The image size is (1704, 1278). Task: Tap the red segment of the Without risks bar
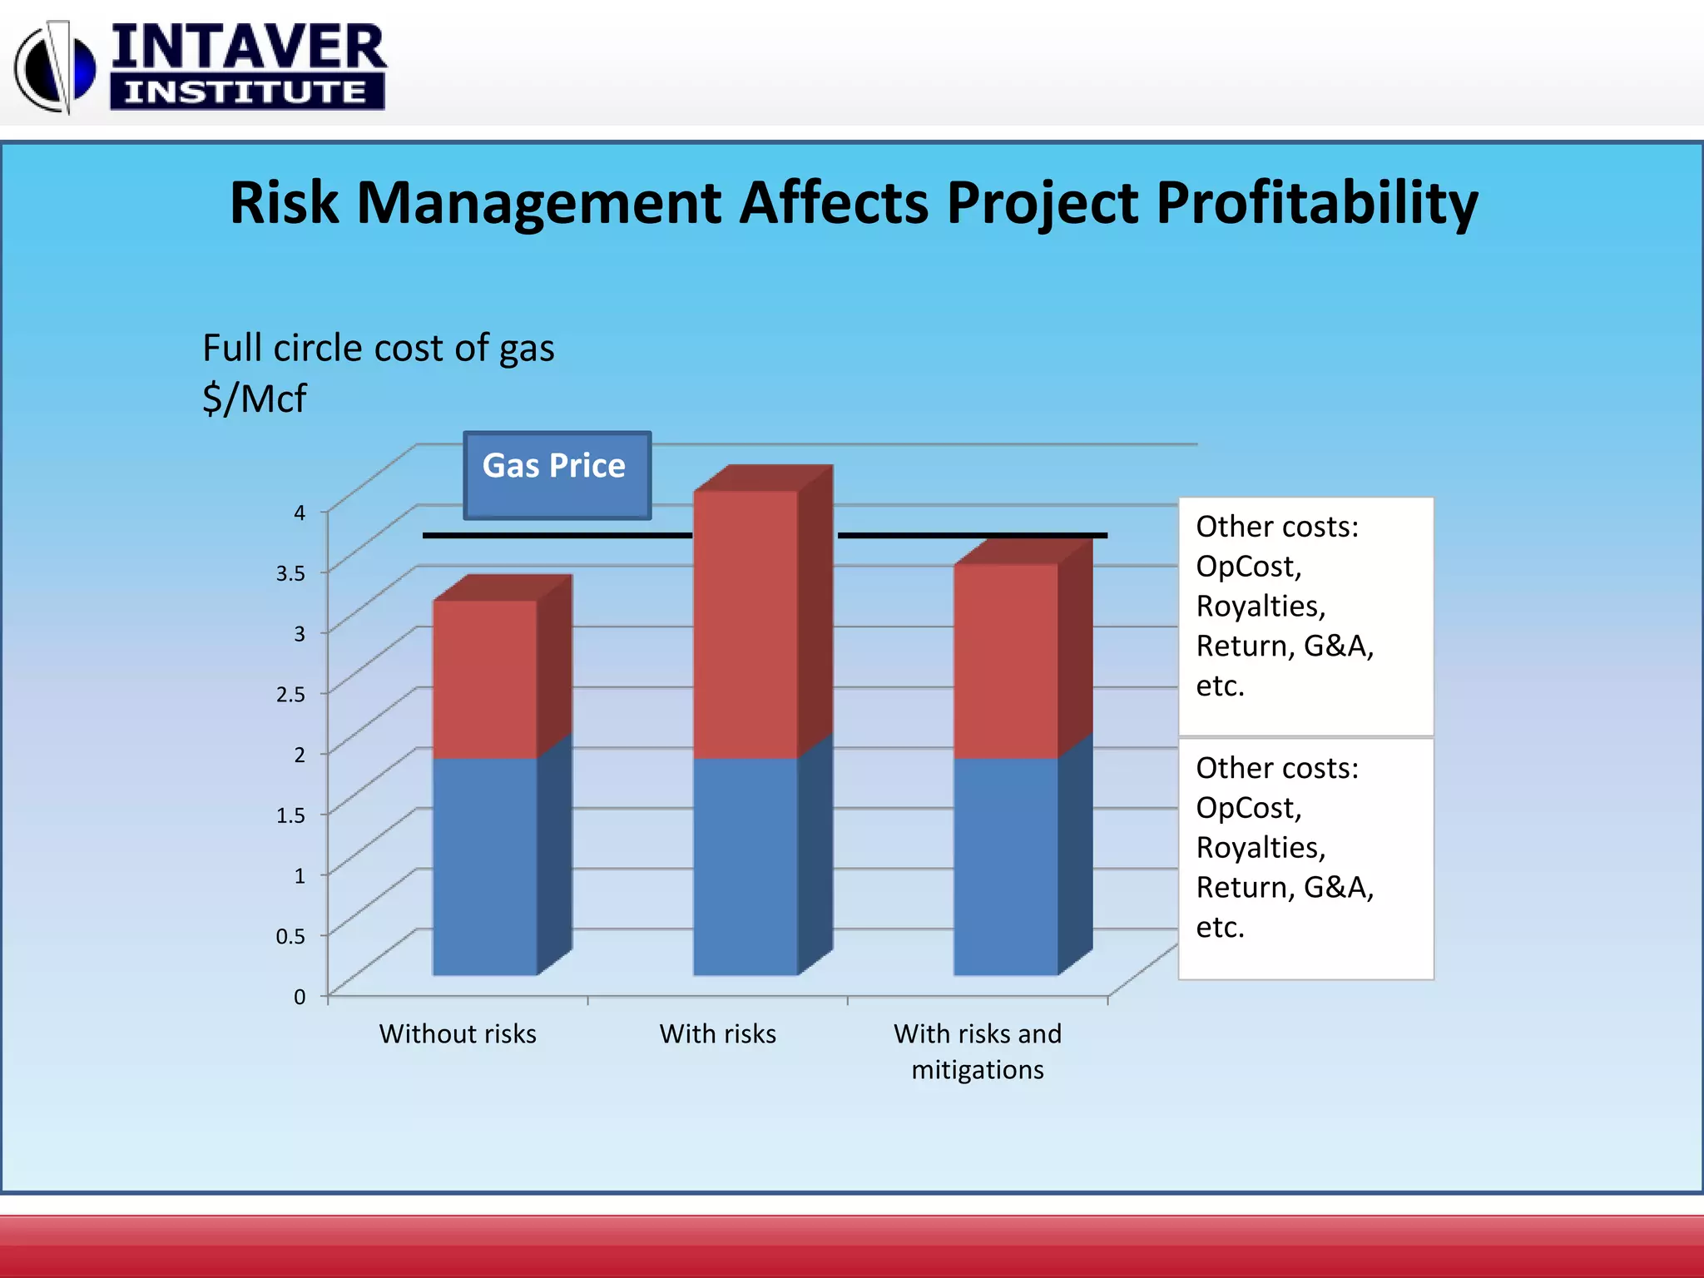pyautogui.click(x=485, y=678)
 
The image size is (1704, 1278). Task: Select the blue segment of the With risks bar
pyautogui.click(x=745, y=865)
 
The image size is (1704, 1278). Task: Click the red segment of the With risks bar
pyautogui.click(x=745, y=624)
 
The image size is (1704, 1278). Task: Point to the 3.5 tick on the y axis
pyautogui.click(x=290, y=573)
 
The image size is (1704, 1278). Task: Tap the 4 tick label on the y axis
pyautogui.click(x=300, y=513)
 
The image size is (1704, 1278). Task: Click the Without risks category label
pyautogui.click(x=458, y=1034)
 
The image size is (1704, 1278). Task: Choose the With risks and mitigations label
pyautogui.click(x=978, y=1051)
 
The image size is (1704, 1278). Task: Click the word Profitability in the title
pyautogui.click(x=1317, y=204)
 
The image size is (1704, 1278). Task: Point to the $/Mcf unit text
pyautogui.click(x=255, y=399)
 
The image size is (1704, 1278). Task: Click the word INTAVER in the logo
pyautogui.click(x=248, y=47)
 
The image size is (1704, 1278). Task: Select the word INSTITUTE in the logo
pyautogui.click(x=246, y=92)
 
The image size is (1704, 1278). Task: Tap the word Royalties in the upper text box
pyautogui.click(x=1260, y=607)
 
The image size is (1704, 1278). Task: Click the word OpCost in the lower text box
pyautogui.click(x=1248, y=808)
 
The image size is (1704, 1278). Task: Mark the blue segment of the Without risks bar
pyautogui.click(x=485, y=865)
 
